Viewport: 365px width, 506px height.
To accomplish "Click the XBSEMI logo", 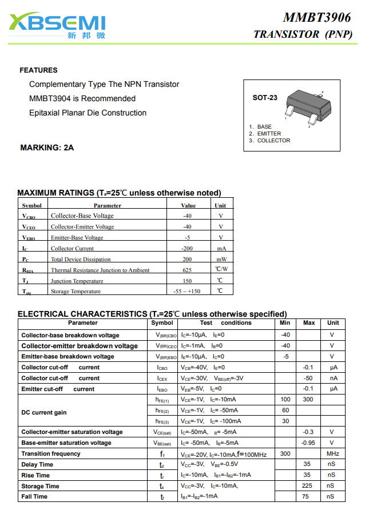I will (58, 25).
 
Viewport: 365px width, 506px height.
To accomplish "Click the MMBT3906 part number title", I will (316, 18).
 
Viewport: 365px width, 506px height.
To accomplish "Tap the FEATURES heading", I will (38, 70).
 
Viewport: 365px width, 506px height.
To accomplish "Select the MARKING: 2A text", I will (47, 148).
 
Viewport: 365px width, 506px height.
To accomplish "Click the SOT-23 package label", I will (265, 98).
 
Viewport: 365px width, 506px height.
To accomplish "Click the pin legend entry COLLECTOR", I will (273, 141).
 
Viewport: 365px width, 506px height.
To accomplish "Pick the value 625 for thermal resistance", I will (187, 270).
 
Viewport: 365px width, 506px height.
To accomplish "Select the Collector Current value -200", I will (187, 249).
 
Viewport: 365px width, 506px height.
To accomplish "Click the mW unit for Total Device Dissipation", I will (221, 260).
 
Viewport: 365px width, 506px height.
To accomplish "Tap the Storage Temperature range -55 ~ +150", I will (187, 292).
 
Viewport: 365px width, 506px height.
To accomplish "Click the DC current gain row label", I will (44, 412).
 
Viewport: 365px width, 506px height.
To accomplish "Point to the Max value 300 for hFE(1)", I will (308, 400).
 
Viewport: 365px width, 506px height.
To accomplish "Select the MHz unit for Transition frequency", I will (332, 454).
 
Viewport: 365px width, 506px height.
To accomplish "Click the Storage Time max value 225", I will (308, 486).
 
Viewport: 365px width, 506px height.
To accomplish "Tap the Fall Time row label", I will (34, 497).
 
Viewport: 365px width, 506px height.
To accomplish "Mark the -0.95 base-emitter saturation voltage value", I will (308, 443).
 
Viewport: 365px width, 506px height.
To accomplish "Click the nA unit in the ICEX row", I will (333, 378).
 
